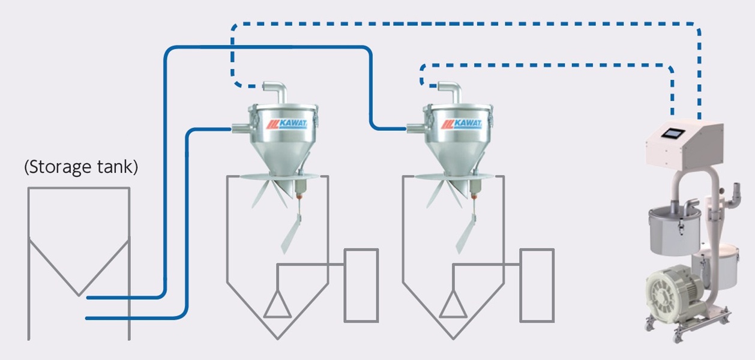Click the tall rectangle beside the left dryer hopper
coord(361,285)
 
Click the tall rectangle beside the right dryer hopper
coord(537,285)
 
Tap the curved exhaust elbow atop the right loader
coord(452,91)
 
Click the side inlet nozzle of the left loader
coord(239,127)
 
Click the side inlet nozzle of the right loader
coord(416,127)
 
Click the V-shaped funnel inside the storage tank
coord(79,267)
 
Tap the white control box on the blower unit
coord(684,144)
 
